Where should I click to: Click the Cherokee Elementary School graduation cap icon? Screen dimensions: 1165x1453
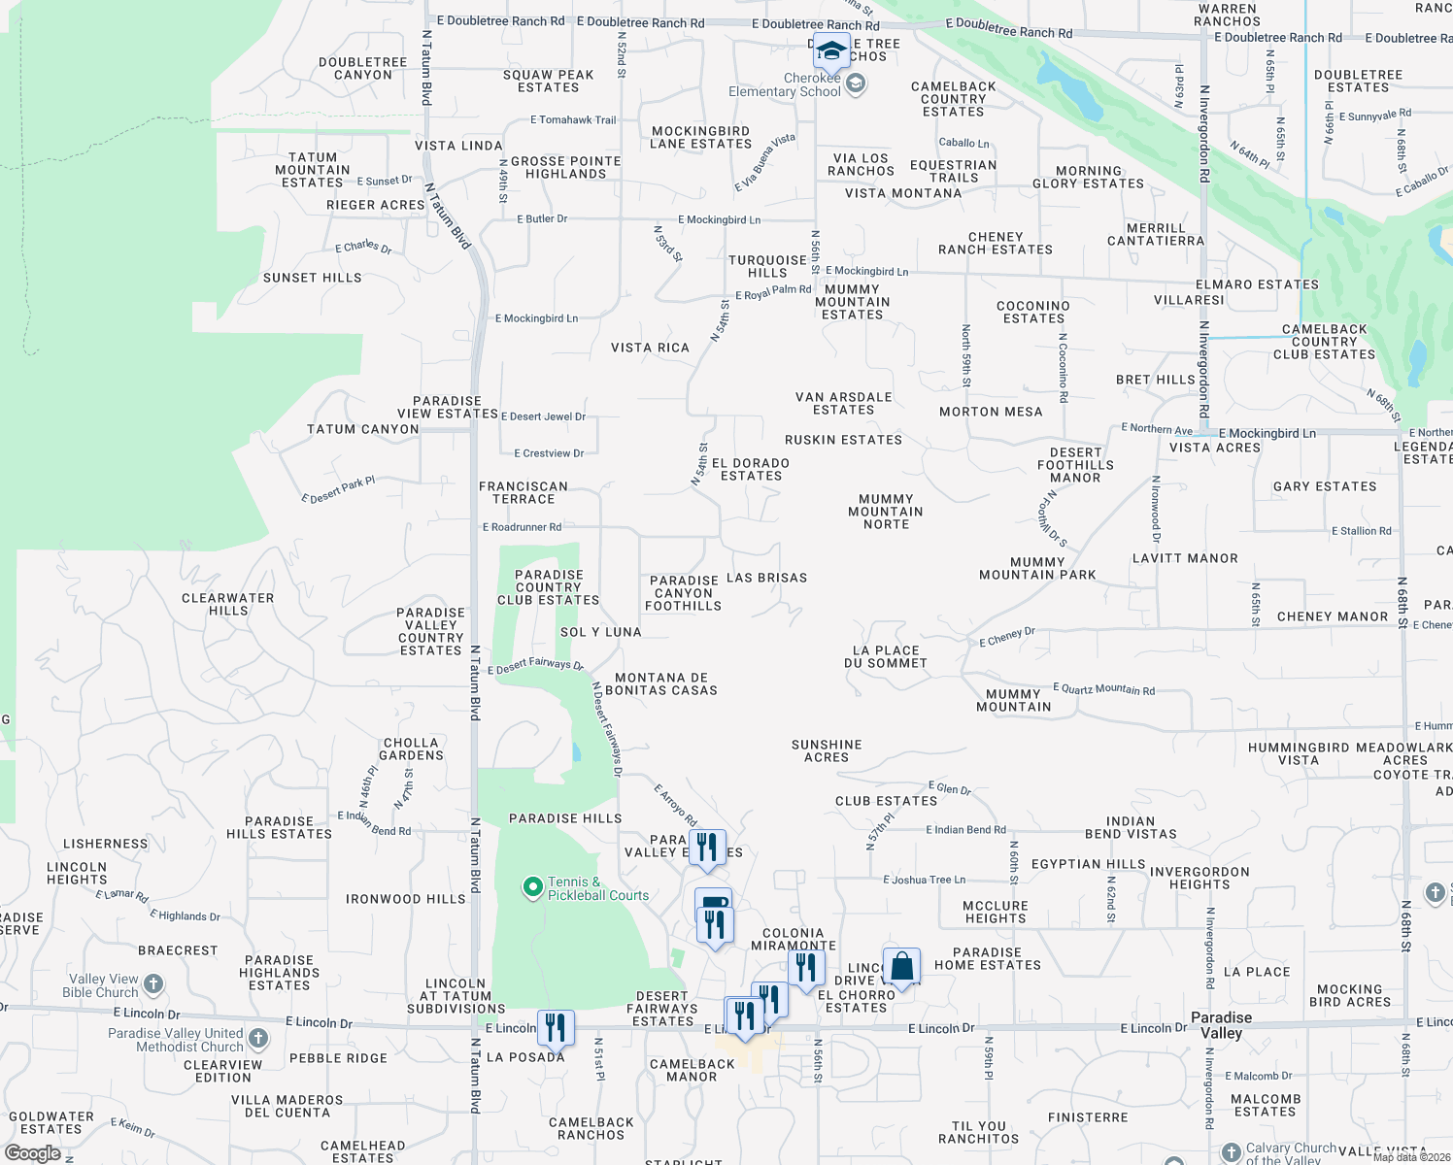(x=831, y=50)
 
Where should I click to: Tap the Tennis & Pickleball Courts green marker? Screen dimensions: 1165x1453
(x=532, y=886)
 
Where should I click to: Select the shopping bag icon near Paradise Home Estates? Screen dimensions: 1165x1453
(x=901, y=967)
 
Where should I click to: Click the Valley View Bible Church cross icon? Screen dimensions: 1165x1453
(x=153, y=986)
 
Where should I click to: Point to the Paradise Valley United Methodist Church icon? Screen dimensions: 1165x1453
(x=258, y=1039)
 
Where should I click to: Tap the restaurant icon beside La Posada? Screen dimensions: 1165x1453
(x=556, y=1027)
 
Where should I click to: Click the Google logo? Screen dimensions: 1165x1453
(x=33, y=1153)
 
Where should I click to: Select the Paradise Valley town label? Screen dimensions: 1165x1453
(x=1221, y=1025)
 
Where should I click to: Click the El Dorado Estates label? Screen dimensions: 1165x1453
(x=751, y=470)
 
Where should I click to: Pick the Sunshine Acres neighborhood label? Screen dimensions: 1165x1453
(x=827, y=750)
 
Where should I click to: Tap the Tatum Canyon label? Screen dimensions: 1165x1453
(x=363, y=429)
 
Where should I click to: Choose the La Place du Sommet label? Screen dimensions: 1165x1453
(x=886, y=657)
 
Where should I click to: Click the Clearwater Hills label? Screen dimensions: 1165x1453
(x=228, y=604)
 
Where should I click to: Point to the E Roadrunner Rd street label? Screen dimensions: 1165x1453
(x=523, y=527)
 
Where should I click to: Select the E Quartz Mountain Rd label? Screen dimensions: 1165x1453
(x=1104, y=689)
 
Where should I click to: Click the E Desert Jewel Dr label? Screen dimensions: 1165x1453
(x=544, y=416)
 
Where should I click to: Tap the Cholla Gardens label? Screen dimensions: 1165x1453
(x=411, y=749)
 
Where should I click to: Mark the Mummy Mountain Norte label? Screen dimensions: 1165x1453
(x=886, y=512)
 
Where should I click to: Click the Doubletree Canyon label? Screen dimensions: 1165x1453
(x=363, y=68)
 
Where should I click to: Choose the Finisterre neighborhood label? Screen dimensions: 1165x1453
(x=1088, y=1117)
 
